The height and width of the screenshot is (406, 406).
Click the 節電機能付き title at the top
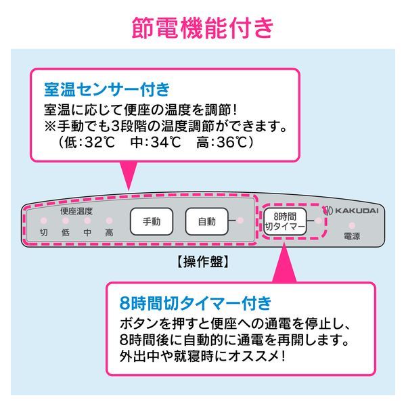coord(202,28)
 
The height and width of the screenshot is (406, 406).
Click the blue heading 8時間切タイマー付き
coord(189,301)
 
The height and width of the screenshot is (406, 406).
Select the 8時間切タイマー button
coord(285,222)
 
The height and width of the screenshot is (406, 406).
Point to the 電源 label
coord(352,237)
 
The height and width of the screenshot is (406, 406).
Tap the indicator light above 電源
coord(352,225)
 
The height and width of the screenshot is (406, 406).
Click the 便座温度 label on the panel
coord(76,211)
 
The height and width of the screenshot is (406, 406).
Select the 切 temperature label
coord(44,233)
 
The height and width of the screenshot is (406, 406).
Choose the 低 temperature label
coord(66,233)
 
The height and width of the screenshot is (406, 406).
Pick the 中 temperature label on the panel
coord(87,233)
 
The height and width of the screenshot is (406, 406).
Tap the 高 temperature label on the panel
coord(109,233)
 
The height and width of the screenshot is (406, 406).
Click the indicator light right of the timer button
coord(319,221)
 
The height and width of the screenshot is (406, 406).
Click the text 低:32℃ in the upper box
coord(85,143)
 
